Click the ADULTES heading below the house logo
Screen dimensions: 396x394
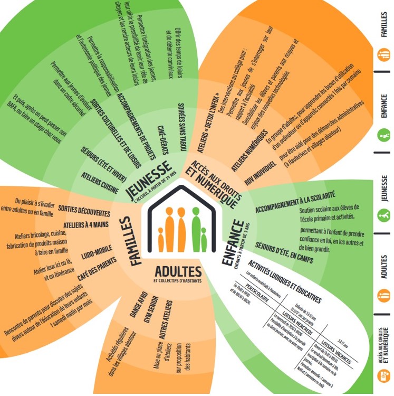(x=178, y=272)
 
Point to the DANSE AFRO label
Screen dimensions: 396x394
(x=138, y=303)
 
